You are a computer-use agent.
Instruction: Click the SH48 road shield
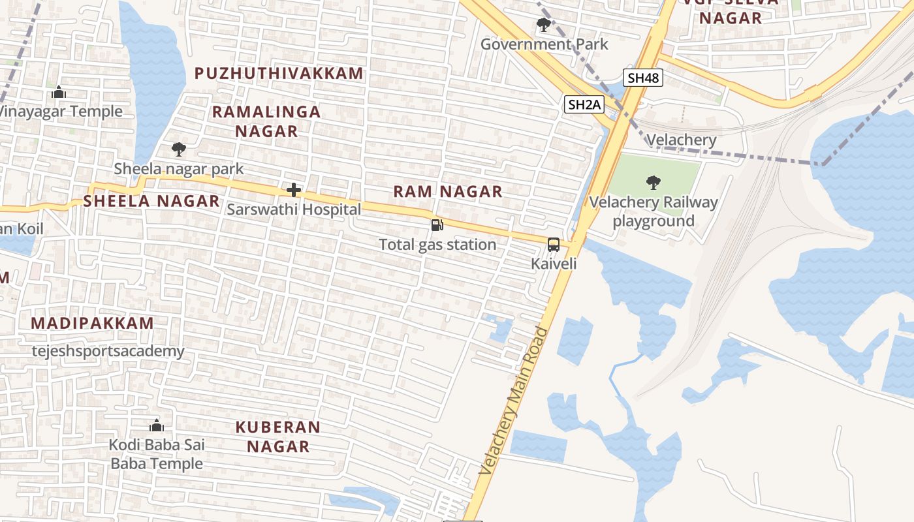[643, 78]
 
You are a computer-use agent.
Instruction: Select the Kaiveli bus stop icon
[554, 245]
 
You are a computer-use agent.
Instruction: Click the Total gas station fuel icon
[437, 225]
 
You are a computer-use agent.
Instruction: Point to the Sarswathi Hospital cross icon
[294, 190]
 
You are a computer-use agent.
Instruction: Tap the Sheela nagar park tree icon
[178, 149]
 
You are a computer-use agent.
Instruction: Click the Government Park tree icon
[543, 25]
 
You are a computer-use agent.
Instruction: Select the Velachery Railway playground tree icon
[652, 182]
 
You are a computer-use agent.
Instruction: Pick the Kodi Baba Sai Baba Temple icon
[156, 425]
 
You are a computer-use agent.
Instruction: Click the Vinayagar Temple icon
[59, 92]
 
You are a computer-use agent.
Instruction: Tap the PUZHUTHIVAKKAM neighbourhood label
[279, 73]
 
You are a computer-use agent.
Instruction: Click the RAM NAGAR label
[448, 191]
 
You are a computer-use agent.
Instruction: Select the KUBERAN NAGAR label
[278, 437]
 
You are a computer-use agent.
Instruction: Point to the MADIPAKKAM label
[92, 323]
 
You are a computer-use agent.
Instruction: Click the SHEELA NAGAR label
[151, 201]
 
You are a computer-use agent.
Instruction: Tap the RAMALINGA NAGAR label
[266, 121]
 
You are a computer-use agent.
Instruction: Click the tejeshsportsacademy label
[108, 351]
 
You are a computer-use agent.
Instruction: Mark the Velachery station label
[681, 140]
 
